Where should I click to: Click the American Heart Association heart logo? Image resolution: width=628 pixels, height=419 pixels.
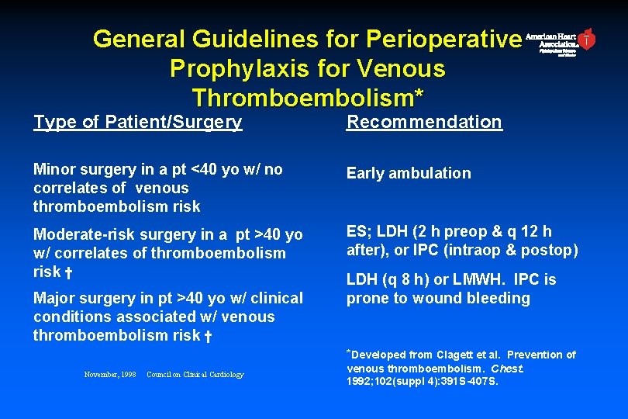click(588, 39)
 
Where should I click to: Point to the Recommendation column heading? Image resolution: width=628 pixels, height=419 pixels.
click(424, 122)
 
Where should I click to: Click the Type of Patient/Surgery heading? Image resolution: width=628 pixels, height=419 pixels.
click(138, 122)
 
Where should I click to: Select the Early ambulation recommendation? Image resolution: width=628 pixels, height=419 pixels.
click(409, 173)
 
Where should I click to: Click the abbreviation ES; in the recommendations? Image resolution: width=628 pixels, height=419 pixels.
click(359, 231)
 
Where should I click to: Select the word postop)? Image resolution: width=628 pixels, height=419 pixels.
click(550, 250)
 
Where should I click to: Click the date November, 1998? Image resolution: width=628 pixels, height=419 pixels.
click(109, 375)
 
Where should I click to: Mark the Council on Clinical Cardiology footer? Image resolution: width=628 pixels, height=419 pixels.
click(195, 375)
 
